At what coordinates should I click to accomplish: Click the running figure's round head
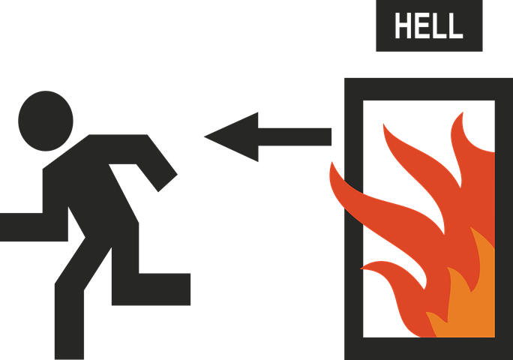point(46,120)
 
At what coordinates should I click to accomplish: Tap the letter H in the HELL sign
point(404,26)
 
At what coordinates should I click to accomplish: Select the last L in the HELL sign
point(455,26)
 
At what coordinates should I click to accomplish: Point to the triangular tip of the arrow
point(214,136)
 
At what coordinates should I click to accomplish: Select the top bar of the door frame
point(427,88)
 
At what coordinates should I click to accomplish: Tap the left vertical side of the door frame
point(353,225)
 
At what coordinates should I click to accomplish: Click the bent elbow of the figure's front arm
point(139,142)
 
